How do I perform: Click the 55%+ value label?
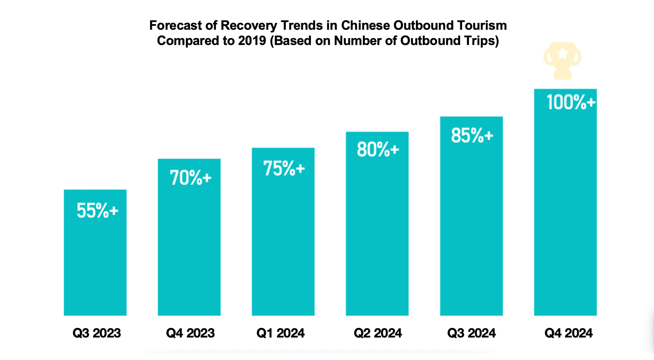click(x=97, y=211)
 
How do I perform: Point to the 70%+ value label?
click(x=190, y=178)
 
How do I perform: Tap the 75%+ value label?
click(x=284, y=168)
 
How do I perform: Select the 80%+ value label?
click(x=378, y=149)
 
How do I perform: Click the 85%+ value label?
click(x=472, y=135)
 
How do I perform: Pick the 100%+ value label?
click(x=571, y=102)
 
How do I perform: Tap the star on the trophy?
click(x=562, y=53)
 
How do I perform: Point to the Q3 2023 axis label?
click(x=97, y=333)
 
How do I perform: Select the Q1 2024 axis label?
click(x=280, y=333)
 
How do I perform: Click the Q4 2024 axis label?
click(x=569, y=333)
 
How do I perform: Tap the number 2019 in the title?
click(x=252, y=41)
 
